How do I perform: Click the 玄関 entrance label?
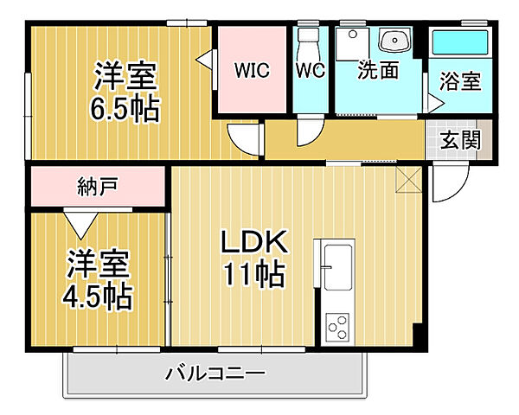[459, 140]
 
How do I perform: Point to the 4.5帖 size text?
[97, 297]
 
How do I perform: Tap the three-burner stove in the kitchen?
[337, 328]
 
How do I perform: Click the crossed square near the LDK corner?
[407, 180]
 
